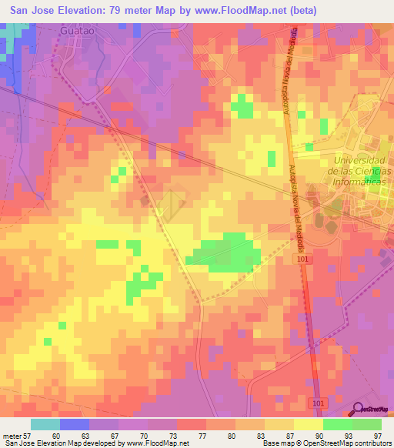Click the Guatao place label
coord(78,32)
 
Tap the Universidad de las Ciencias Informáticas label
coord(359,171)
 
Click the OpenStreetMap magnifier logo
coord(359,410)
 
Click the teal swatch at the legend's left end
coord(45,424)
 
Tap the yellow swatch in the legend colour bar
coord(308,424)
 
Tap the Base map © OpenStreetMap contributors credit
coord(326,443)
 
